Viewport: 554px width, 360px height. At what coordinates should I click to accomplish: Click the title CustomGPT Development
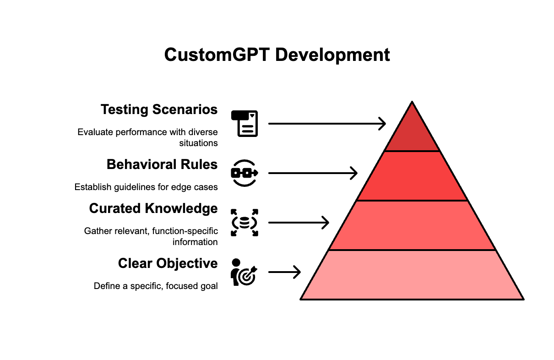pos(277,55)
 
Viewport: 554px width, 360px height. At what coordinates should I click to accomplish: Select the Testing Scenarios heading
pos(159,110)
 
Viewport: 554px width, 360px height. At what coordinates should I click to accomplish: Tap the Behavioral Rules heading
pos(162,164)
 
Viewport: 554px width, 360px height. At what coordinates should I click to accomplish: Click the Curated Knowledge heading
pos(153,209)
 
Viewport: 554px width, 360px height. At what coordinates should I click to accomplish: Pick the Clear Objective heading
pos(168,263)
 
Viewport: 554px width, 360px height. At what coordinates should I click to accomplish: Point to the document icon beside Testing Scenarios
pos(244,123)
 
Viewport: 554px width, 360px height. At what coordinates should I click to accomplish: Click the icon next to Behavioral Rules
pos(244,173)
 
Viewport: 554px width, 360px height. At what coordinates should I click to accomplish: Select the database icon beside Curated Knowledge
pos(244,223)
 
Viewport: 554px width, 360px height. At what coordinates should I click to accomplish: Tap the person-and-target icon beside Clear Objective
pos(244,273)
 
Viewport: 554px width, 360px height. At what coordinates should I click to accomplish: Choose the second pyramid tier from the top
pos(412,176)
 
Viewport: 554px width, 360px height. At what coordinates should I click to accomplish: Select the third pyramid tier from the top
pos(412,225)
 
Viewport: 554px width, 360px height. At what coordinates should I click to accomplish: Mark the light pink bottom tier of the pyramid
pos(412,275)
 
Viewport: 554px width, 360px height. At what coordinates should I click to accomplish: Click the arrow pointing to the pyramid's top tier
pos(327,123)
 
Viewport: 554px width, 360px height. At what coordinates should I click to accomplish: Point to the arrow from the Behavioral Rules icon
pos(313,173)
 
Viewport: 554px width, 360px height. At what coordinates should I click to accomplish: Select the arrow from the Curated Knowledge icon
pos(299,223)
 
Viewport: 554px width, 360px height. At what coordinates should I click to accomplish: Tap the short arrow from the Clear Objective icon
pos(284,273)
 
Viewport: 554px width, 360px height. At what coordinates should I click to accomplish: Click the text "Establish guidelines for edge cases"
pos(146,187)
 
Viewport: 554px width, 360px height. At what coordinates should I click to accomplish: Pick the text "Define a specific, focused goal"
pos(156,286)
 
